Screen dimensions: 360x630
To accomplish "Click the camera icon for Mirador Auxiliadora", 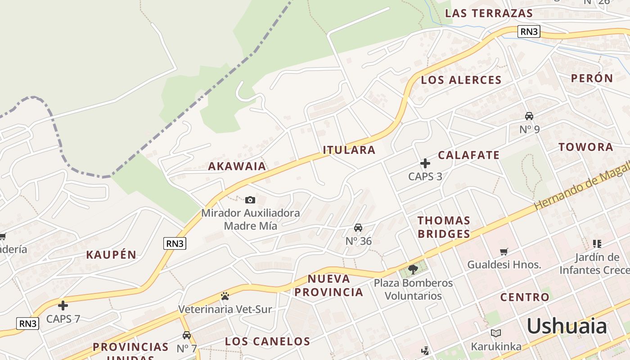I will coord(250,200).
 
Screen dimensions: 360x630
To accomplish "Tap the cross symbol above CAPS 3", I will coord(425,163).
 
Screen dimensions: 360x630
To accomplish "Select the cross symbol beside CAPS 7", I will coord(63,306).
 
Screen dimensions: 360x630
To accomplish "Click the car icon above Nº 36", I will coord(358,228).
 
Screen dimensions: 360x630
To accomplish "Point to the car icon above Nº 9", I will coord(529,116).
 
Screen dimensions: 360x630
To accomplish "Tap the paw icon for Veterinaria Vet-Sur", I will coord(225,296).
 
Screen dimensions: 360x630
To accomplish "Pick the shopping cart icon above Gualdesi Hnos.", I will coord(504,252).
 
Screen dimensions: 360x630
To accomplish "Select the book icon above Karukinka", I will coord(496,333).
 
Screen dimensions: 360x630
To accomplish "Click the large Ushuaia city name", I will coord(567,326).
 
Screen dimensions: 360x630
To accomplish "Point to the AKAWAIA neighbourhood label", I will coord(237,166).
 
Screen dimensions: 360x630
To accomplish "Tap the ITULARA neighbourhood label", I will coord(349,150).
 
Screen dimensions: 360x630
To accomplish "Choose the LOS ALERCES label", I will coord(461,80).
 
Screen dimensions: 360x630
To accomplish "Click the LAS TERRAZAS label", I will coord(489,13).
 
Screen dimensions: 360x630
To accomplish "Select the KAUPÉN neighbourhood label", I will coord(111,255).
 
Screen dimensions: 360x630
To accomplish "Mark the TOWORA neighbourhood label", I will coord(586,147).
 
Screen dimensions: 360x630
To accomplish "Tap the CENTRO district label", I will coord(525,297).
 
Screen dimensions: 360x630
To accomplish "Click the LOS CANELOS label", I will coord(268,341).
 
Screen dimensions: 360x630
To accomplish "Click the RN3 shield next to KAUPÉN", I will coord(175,243).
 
